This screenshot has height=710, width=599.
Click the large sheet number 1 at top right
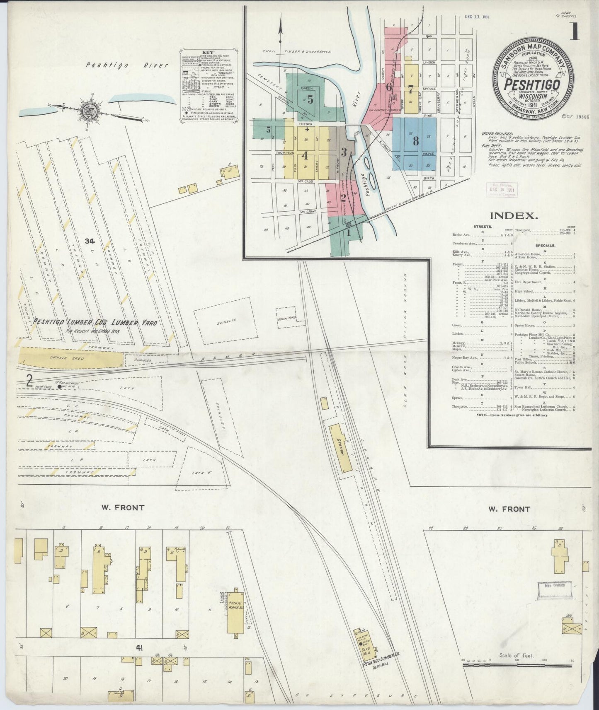pos(575,31)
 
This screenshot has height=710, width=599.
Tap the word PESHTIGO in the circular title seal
pos(532,84)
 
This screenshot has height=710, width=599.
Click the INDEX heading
pos(514,215)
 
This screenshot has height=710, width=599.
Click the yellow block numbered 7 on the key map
pos(410,89)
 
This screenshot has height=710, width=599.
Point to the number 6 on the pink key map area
pos(389,87)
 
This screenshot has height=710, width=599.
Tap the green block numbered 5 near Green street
pos(310,99)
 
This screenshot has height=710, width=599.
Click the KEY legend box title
pos(208,53)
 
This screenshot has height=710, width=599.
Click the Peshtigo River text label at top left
pos(127,65)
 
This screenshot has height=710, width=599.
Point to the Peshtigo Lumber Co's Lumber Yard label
pos(95,322)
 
